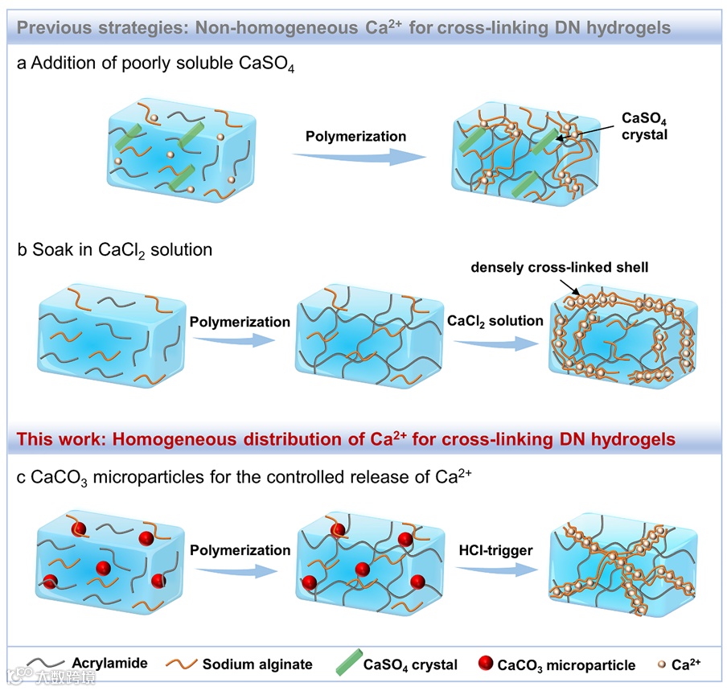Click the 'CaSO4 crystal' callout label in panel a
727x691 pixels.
click(645, 125)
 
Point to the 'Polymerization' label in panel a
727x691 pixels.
click(355, 136)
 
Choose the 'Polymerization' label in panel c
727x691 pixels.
click(240, 550)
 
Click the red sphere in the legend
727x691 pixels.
click(486, 664)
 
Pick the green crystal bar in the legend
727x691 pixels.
click(345, 664)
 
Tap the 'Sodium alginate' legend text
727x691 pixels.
click(257, 664)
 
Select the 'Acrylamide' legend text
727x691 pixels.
click(110, 663)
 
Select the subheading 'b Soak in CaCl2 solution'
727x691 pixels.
click(114, 249)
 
